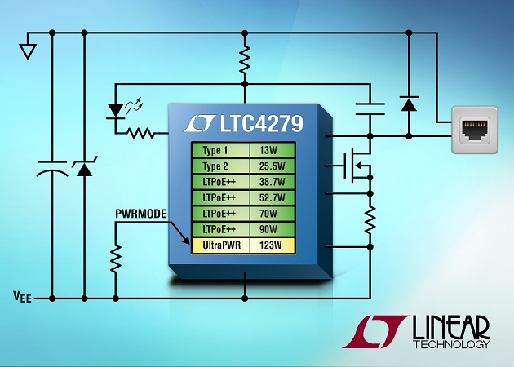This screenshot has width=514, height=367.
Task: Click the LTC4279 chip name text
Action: [261, 123]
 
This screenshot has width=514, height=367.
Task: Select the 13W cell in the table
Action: [273, 150]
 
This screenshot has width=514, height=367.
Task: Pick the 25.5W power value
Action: [272, 166]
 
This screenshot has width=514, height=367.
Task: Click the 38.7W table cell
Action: [273, 182]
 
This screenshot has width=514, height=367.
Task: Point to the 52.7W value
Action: [272, 197]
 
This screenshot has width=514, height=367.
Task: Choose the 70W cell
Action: [273, 214]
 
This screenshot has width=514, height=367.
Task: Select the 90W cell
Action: [273, 229]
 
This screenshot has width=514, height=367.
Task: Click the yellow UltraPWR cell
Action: [220, 245]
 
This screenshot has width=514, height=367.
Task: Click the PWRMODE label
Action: [141, 214]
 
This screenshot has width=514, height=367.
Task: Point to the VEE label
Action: [22, 297]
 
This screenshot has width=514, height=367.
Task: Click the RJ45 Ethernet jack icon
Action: [475, 130]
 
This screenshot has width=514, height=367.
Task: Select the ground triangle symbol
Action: [28, 51]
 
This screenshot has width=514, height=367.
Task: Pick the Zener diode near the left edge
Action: [84, 166]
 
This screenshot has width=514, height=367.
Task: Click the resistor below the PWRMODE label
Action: [115, 259]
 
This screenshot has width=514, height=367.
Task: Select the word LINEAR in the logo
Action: [451, 327]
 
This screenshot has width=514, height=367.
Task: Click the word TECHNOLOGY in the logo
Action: [451, 344]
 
